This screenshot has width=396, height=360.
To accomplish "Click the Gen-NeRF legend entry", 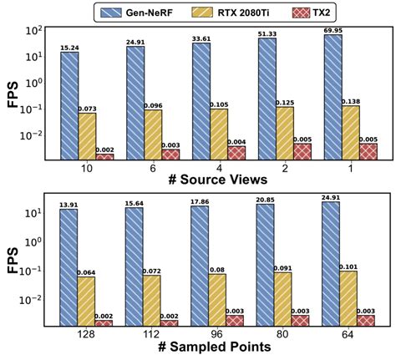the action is click(x=137, y=13).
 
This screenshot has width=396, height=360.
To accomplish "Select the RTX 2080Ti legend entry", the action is click(x=231, y=13).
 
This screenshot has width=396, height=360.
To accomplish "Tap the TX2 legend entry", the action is click(x=311, y=13).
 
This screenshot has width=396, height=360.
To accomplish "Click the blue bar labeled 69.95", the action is click(x=333, y=97).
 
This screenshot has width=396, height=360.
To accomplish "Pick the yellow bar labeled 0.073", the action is click(x=87, y=136).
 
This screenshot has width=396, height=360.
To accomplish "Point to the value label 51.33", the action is click(x=267, y=34).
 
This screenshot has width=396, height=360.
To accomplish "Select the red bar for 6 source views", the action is click(x=170, y=155).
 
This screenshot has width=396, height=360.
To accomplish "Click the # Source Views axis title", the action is click(x=218, y=180).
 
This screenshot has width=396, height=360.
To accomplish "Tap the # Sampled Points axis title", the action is click(x=215, y=347).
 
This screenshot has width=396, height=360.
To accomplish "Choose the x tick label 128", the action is click(x=86, y=334).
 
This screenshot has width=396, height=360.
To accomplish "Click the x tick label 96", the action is click(x=217, y=334).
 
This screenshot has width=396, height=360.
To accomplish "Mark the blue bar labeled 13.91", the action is click(x=69, y=267).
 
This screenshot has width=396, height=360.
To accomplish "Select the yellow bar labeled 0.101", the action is click(x=348, y=298).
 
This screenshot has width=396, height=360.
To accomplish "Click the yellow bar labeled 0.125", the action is click(x=285, y=134).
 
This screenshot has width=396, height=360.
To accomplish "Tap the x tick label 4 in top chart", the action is click(x=219, y=169).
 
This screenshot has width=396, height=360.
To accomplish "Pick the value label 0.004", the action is click(x=236, y=142).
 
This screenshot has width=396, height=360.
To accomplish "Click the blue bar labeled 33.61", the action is click(x=201, y=101).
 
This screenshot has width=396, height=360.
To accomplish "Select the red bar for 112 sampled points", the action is click(x=169, y=323).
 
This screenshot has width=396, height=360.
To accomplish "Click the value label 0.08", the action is click(x=217, y=270).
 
